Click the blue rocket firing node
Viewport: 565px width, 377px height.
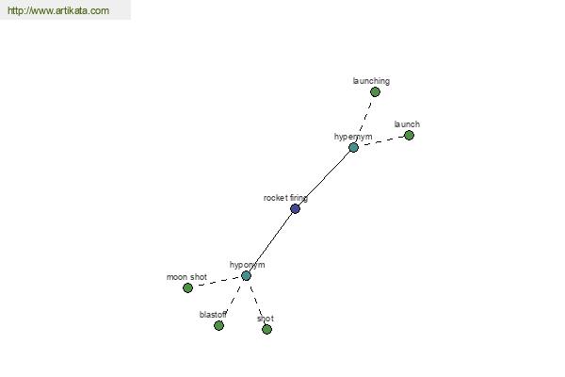tap(295, 208)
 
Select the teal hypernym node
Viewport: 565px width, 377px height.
tap(353, 147)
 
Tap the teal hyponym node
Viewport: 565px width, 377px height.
tap(246, 276)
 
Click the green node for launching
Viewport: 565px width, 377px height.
tap(375, 92)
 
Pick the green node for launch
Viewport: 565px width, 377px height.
tap(409, 136)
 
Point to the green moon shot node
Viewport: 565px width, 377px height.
tap(187, 287)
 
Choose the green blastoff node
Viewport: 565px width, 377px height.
tap(218, 326)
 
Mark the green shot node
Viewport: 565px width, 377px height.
tap(266, 329)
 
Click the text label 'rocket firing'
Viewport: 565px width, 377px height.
tap(285, 198)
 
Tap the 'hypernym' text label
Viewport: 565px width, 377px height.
tap(353, 137)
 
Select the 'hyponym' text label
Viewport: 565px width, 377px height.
tap(247, 265)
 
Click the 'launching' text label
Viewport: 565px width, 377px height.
tap(371, 81)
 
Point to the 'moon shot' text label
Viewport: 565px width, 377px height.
tap(186, 277)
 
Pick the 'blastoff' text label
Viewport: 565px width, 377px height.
tap(213, 315)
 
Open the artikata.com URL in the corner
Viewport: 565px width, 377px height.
tap(58, 10)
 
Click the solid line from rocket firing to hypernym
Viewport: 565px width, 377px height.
tap(324, 178)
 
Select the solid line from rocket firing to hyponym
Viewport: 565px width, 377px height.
tap(270, 242)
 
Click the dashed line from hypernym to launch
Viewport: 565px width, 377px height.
tap(381, 141)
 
